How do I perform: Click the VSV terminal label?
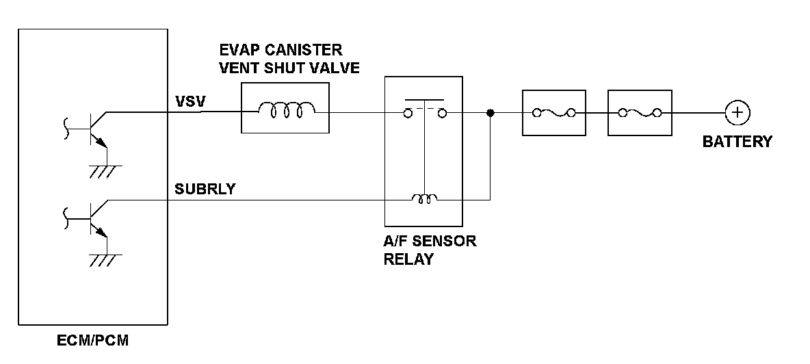tap(191, 102)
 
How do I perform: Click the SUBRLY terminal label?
tap(205, 189)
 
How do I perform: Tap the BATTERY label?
tap(737, 142)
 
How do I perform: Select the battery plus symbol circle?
tap(737, 113)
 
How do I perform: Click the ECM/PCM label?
tap(92, 341)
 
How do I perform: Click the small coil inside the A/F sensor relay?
tap(424, 198)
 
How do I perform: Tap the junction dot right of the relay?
tap(491, 113)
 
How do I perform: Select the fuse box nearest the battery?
tap(640, 113)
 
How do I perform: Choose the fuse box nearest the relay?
tap(553, 113)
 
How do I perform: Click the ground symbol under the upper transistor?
tap(105, 172)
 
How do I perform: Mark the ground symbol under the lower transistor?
tap(105, 260)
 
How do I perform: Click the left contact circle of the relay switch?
tap(408, 113)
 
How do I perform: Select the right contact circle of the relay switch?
tap(442, 113)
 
